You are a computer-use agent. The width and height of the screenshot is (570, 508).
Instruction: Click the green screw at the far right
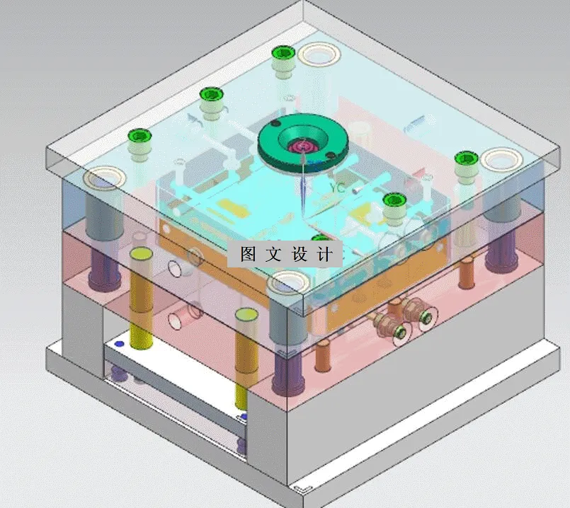click(x=465, y=161)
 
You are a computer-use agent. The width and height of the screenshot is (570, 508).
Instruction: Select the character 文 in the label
click(x=273, y=254)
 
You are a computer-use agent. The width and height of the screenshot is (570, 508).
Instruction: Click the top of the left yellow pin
click(x=142, y=255)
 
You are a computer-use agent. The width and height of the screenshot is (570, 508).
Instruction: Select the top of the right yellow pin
click(x=245, y=316)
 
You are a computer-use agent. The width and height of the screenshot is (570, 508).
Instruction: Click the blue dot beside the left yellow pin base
click(x=119, y=344)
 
